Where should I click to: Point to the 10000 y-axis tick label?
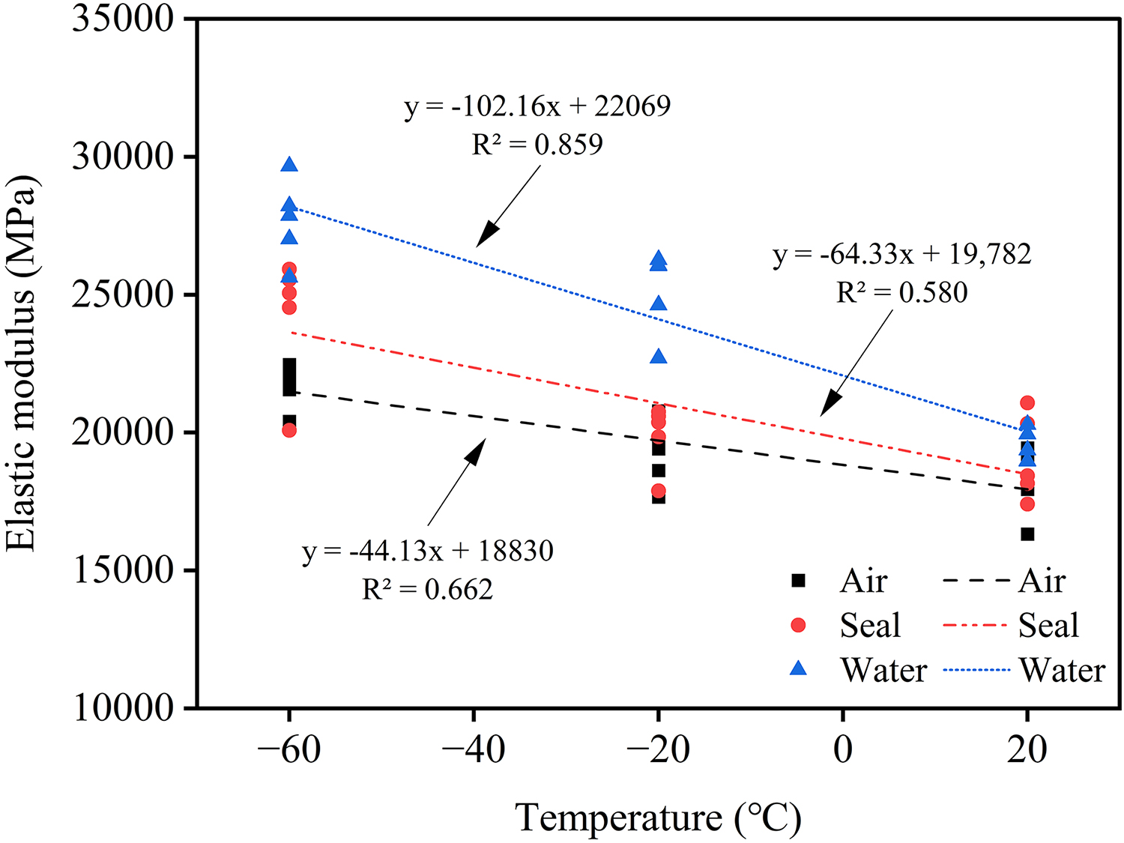(124, 707)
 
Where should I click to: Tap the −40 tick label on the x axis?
(474, 749)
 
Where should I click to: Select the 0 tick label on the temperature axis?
(843, 749)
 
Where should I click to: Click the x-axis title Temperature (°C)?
(658, 818)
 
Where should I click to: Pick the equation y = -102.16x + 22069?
(537, 106)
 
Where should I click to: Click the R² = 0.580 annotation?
(901, 292)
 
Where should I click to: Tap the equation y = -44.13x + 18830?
(428, 552)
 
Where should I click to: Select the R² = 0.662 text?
(428, 590)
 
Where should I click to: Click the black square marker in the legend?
(799, 580)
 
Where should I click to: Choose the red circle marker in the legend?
(799, 625)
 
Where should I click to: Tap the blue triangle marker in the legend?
(799, 668)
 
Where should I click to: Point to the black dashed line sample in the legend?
(976, 581)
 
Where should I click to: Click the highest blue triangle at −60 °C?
(289, 165)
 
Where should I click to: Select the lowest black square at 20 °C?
(1027, 534)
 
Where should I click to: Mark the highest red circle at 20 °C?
(1027, 403)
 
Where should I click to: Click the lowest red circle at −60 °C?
(289, 430)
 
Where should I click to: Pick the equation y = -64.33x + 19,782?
(902, 255)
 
